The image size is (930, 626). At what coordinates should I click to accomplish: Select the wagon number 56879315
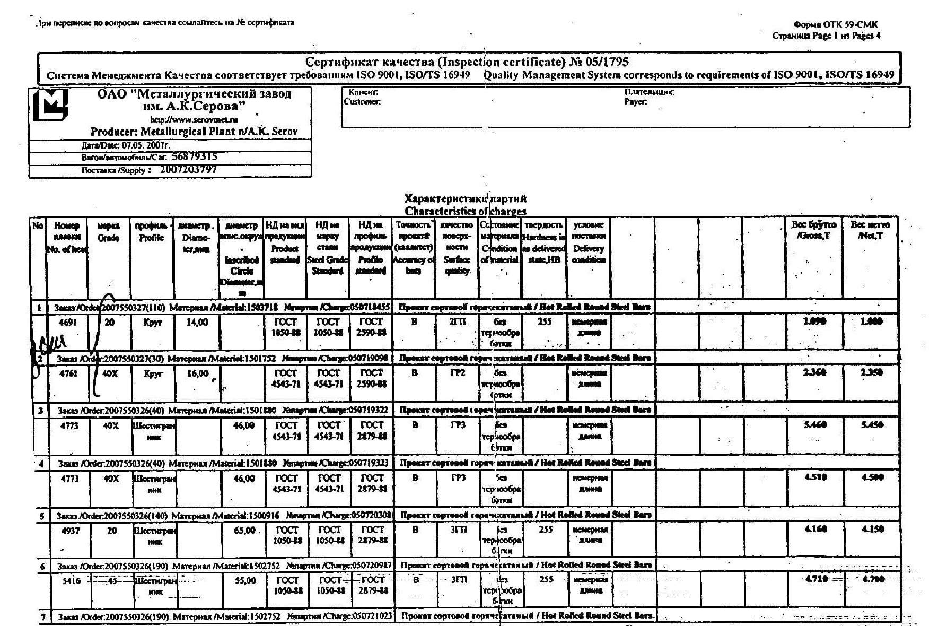pyautogui.click(x=195, y=156)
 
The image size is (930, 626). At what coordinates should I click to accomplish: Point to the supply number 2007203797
pyautogui.click(x=188, y=170)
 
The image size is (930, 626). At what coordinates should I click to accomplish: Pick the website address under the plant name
pyautogui.click(x=194, y=120)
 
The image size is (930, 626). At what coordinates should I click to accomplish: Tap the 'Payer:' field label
pyautogui.click(x=635, y=101)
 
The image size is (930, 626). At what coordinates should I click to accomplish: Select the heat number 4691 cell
pyautogui.click(x=68, y=322)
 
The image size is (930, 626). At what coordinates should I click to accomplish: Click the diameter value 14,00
pyautogui.click(x=197, y=322)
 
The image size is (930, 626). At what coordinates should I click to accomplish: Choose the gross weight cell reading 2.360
pyautogui.click(x=814, y=372)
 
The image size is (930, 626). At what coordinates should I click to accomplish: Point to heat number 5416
pyautogui.click(x=72, y=581)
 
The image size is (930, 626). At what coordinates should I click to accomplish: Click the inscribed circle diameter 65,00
pyautogui.click(x=244, y=530)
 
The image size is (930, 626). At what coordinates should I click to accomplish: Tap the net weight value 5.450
pyautogui.click(x=872, y=425)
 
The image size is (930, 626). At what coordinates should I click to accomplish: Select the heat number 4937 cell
pyautogui.click(x=71, y=530)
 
